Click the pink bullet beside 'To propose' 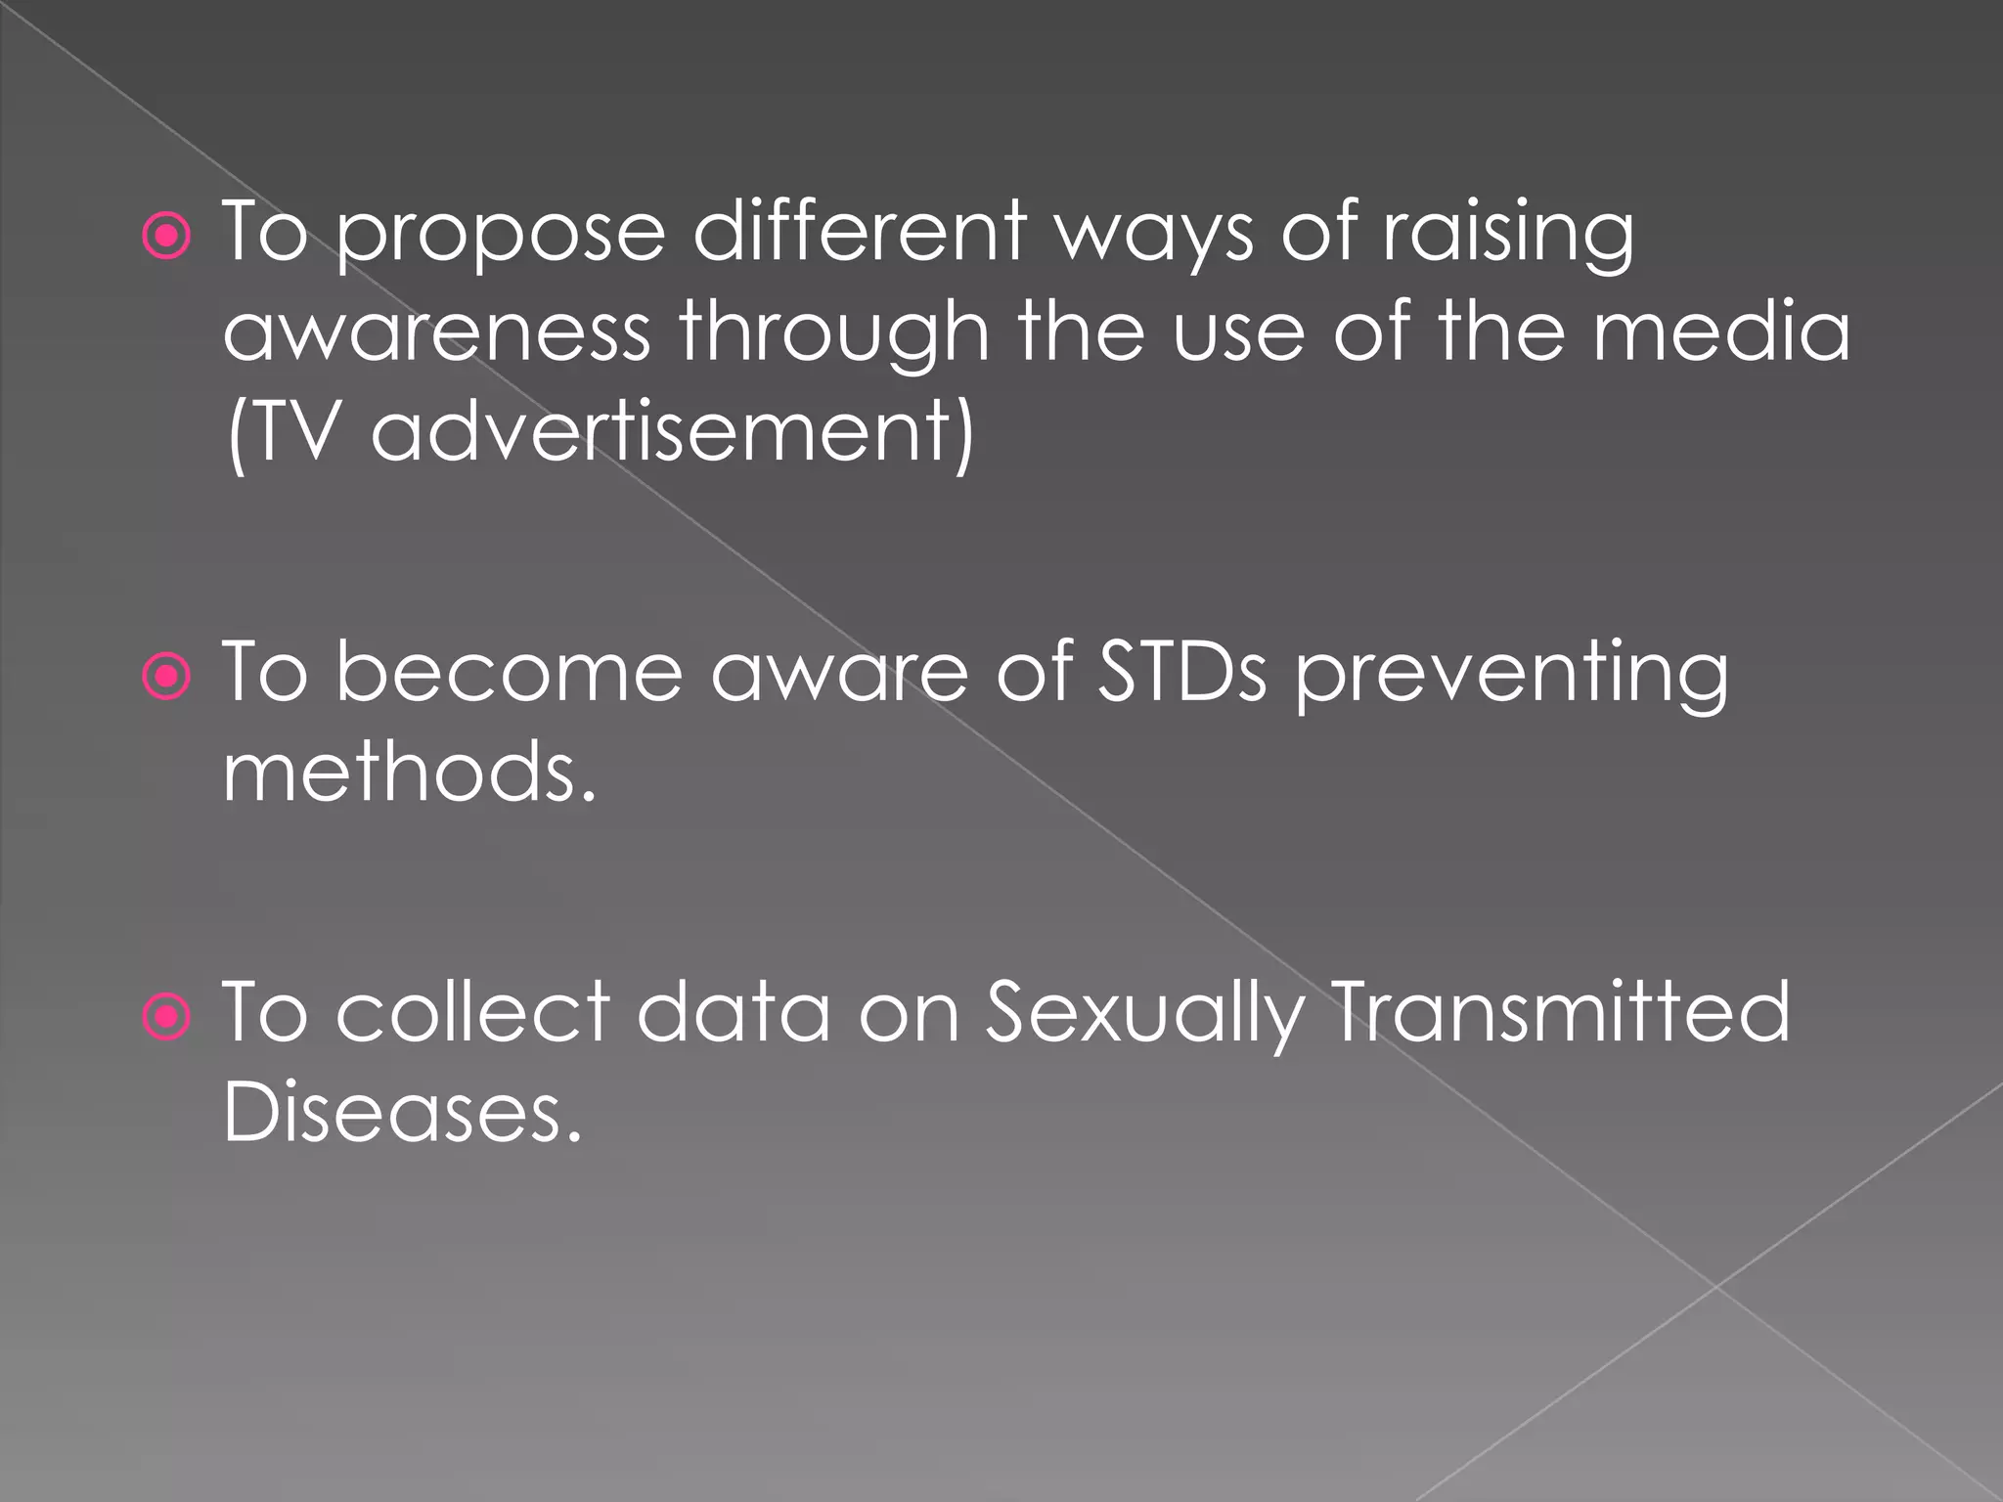pyautogui.click(x=167, y=236)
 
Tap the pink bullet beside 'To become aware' pyautogui.click(x=167, y=676)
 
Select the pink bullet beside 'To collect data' pyautogui.click(x=167, y=1017)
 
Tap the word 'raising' pyautogui.click(x=1507, y=235)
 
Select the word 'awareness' pyautogui.click(x=437, y=332)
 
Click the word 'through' pyautogui.click(x=834, y=332)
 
